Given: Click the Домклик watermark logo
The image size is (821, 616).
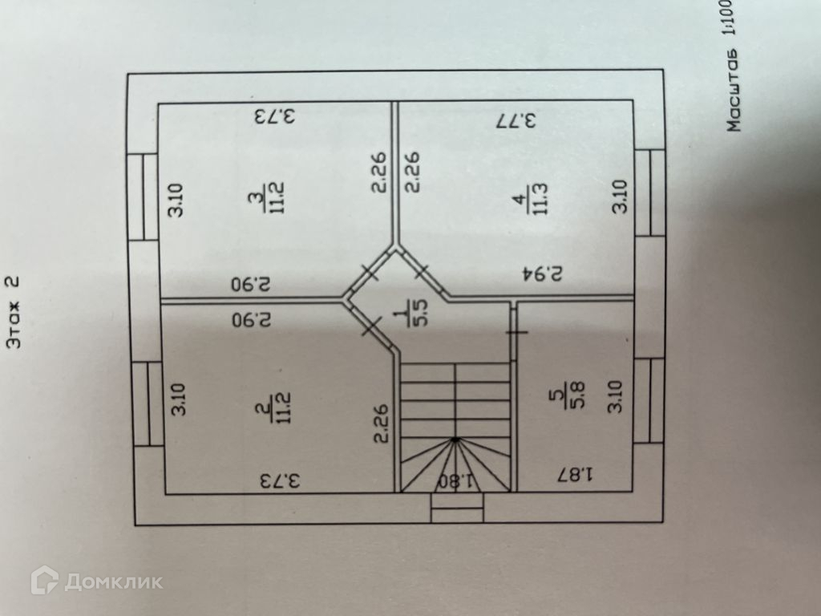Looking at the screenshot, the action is pos(96,581).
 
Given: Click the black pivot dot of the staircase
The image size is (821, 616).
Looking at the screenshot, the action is pos(455,440).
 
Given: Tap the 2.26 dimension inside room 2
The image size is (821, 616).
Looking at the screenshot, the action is pos(382,423).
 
